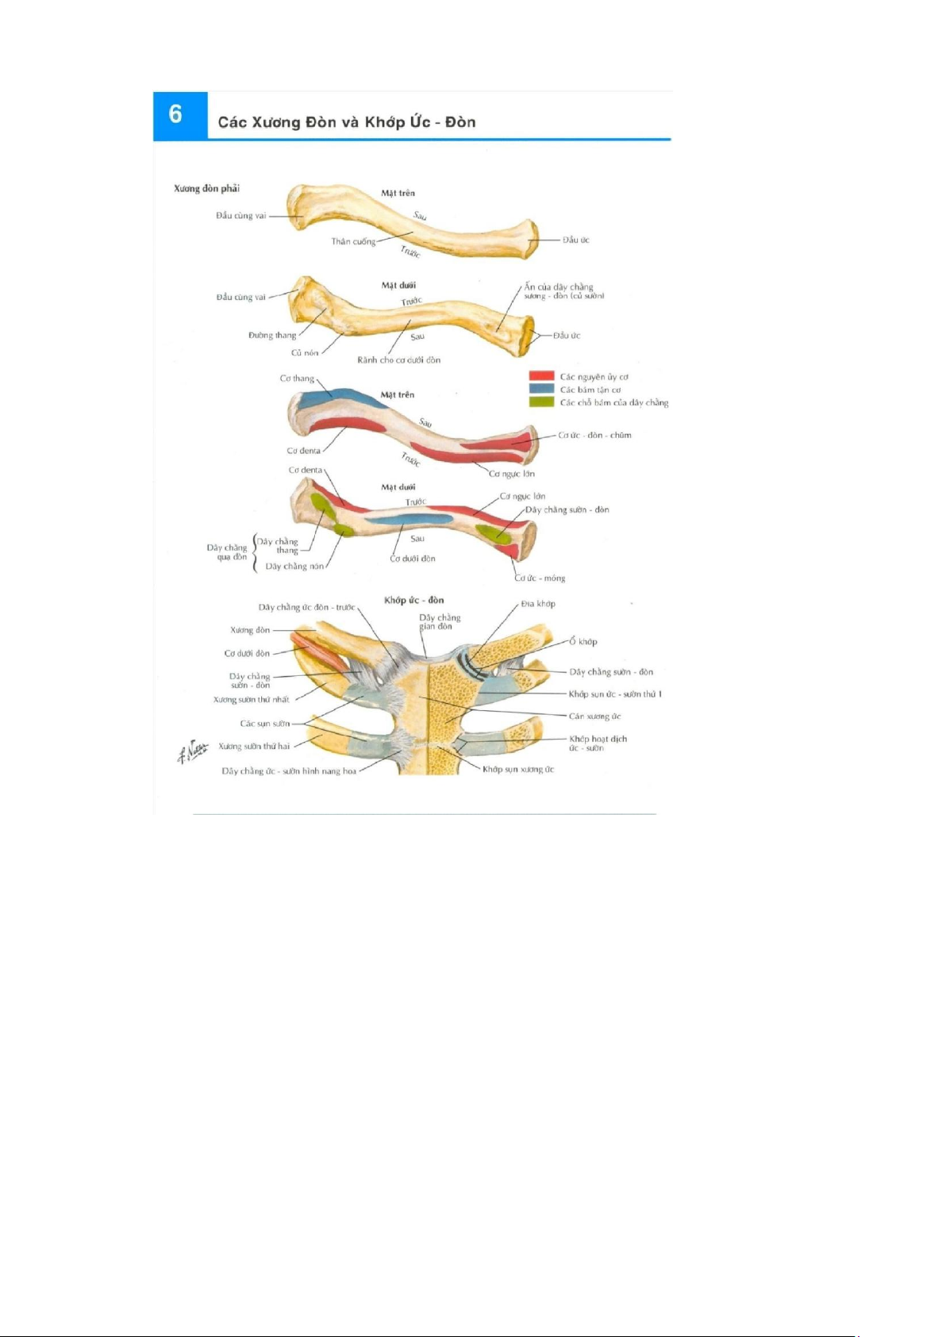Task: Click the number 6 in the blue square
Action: point(176,115)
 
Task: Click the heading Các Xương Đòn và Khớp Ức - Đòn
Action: point(347,122)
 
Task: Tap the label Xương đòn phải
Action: point(206,189)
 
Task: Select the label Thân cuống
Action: point(353,241)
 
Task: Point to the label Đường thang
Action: point(272,335)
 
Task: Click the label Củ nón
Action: point(305,353)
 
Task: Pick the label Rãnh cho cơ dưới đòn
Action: point(398,360)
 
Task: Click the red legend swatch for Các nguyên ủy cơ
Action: point(541,376)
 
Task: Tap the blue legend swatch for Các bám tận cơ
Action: point(541,389)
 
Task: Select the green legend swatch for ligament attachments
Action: point(541,401)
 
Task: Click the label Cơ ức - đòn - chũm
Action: point(594,436)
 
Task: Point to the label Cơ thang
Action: point(297,378)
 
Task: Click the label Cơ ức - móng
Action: point(540,578)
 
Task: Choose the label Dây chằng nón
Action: point(294,567)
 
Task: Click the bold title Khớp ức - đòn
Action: point(413,600)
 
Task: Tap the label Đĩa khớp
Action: point(538,604)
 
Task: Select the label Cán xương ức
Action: point(594,717)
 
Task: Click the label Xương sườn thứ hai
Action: point(254,746)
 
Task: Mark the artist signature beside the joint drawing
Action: point(192,751)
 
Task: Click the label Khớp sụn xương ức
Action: point(518,770)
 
